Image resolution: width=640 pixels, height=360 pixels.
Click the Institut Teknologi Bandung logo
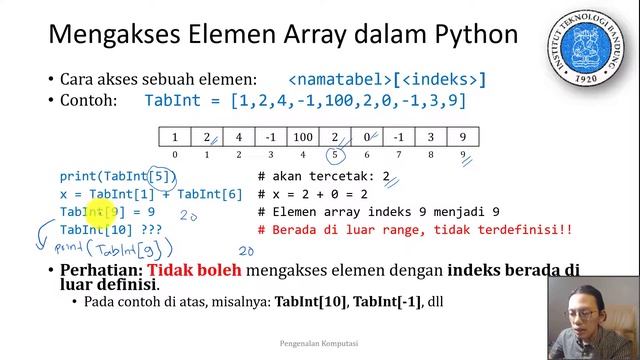585,45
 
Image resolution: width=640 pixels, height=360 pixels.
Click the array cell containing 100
303,137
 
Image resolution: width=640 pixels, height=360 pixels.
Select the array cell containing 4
239,137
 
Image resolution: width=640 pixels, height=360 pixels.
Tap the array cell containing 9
462,137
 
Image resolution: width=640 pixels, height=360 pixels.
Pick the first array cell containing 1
175,137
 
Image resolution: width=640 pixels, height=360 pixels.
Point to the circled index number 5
335,155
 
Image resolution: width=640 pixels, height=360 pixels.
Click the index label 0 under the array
175,155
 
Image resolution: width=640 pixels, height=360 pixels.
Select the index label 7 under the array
399,155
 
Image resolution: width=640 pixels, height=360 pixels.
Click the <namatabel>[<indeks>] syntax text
387,79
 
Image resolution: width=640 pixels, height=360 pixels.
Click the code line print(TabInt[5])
117,177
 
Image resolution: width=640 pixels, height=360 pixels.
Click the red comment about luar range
414,230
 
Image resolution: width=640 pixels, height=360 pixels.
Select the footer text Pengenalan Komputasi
320,343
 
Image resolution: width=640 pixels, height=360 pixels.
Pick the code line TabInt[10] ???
110,230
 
